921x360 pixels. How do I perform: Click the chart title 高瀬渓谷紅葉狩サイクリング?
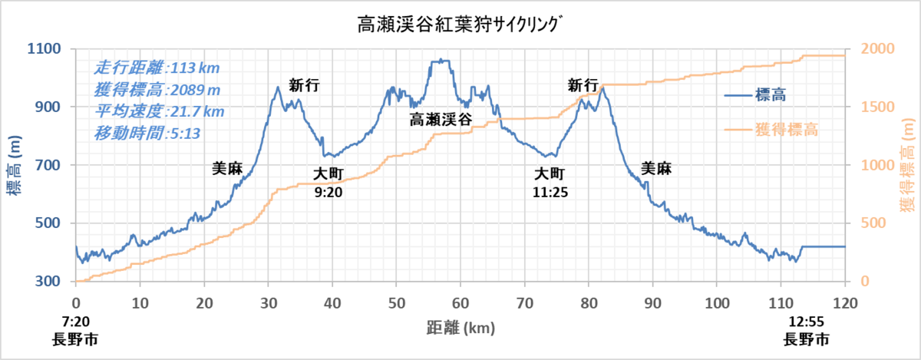(459, 25)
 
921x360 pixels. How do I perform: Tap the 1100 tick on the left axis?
(44, 49)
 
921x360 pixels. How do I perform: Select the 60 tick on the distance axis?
(460, 303)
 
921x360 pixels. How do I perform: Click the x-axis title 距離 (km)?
(460, 328)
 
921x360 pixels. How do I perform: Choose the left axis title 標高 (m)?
(14, 165)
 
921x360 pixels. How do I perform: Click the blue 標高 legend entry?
(755, 95)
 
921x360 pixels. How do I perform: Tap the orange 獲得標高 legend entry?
(771, 130)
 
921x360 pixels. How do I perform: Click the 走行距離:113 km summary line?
(157, 68)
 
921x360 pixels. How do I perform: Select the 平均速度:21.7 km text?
(159, 111)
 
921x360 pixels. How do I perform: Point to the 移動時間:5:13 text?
(147, 134)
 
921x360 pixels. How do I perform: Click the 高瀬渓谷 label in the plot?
(441, 120)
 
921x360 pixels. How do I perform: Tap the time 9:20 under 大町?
(328, 192)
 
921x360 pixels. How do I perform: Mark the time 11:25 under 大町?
(550, 192)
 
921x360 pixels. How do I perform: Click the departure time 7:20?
(76, 322)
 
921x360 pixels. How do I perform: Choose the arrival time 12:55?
(807, 322)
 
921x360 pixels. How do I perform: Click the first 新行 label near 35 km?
(304, 85)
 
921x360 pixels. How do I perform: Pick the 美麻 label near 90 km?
(656, 168)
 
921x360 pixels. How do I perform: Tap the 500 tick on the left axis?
(48, 223)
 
